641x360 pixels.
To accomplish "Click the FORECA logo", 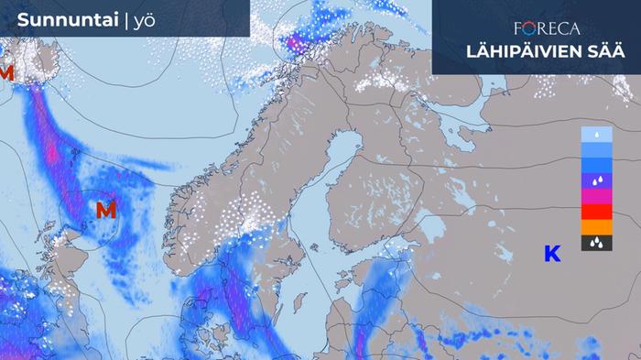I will click(547, 28).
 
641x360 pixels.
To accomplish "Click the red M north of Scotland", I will click(106, 210).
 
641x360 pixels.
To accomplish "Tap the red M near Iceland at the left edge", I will click(6, 71).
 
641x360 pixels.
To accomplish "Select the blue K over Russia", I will click(552, 254).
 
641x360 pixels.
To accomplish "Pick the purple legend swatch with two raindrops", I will click(596, 180).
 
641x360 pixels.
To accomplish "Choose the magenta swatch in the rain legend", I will click(596, 196).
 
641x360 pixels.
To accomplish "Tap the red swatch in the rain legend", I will click(596, 212).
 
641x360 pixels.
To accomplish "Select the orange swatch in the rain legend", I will click(596, 227).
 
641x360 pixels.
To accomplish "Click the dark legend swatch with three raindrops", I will click(596, 243).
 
